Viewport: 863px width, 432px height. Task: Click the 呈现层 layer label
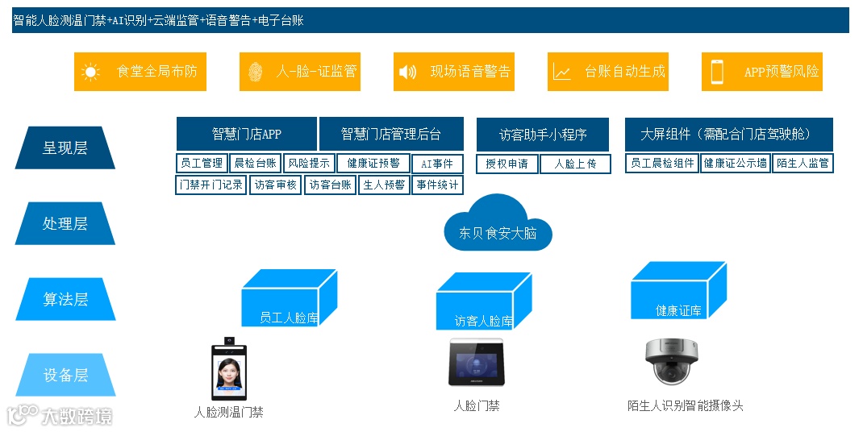click(x=65, y=148)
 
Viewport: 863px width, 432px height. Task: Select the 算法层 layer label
click(x=65, y=300)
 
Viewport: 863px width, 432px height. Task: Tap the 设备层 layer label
click(x=65, y=376)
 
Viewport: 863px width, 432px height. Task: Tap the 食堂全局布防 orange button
click(x=140, y=72)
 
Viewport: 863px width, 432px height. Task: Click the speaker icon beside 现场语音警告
click(x=407, y=73)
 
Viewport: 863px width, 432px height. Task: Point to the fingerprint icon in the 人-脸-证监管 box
click(x=254, y=73)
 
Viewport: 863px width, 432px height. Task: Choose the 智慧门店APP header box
click(x=247, y=134)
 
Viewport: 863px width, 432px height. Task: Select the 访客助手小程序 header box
click(x=543, y=135)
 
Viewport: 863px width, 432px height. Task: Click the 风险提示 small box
click(x=309, y=164)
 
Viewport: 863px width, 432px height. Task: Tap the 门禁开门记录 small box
click(x=211, y=185)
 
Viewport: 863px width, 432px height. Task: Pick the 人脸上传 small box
click(x=575, y=164)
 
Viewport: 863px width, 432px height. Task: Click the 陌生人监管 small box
click(x=802, y=164)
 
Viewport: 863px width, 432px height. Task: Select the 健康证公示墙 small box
click(x=735, y=164)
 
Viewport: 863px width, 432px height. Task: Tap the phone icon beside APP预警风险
click(x=717, y=72)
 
